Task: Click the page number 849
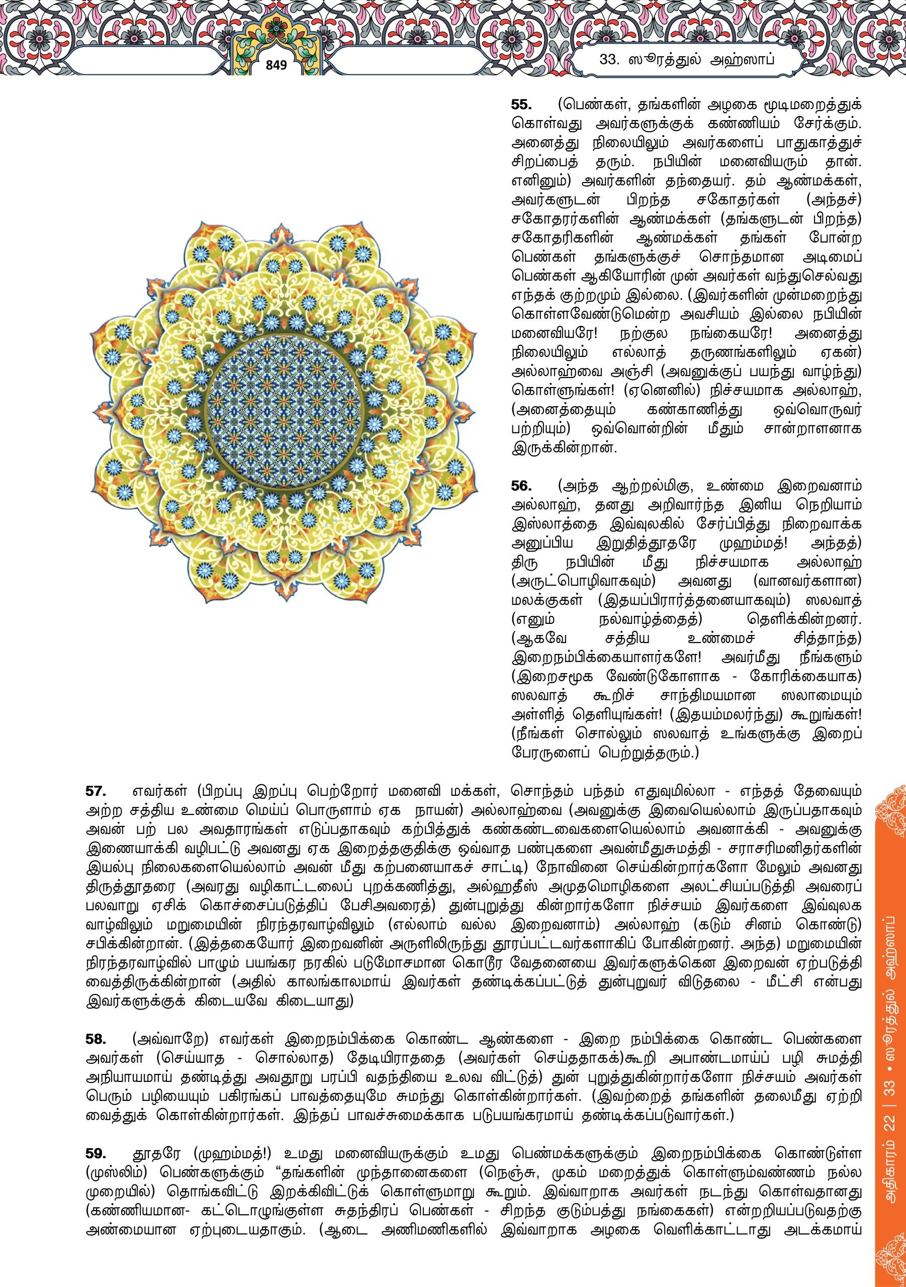[x=276, y=65]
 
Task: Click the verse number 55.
[x=521, y=105]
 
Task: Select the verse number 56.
[x=521, y=486]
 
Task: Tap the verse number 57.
[x=96, y=791]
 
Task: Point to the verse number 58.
[x=96, y=1039]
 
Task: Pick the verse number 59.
[x=96, y=1153]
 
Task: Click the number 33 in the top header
[x=609, y=59]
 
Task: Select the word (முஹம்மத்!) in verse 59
[x=232, y=1153]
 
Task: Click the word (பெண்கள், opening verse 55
[x=594, y=105]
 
